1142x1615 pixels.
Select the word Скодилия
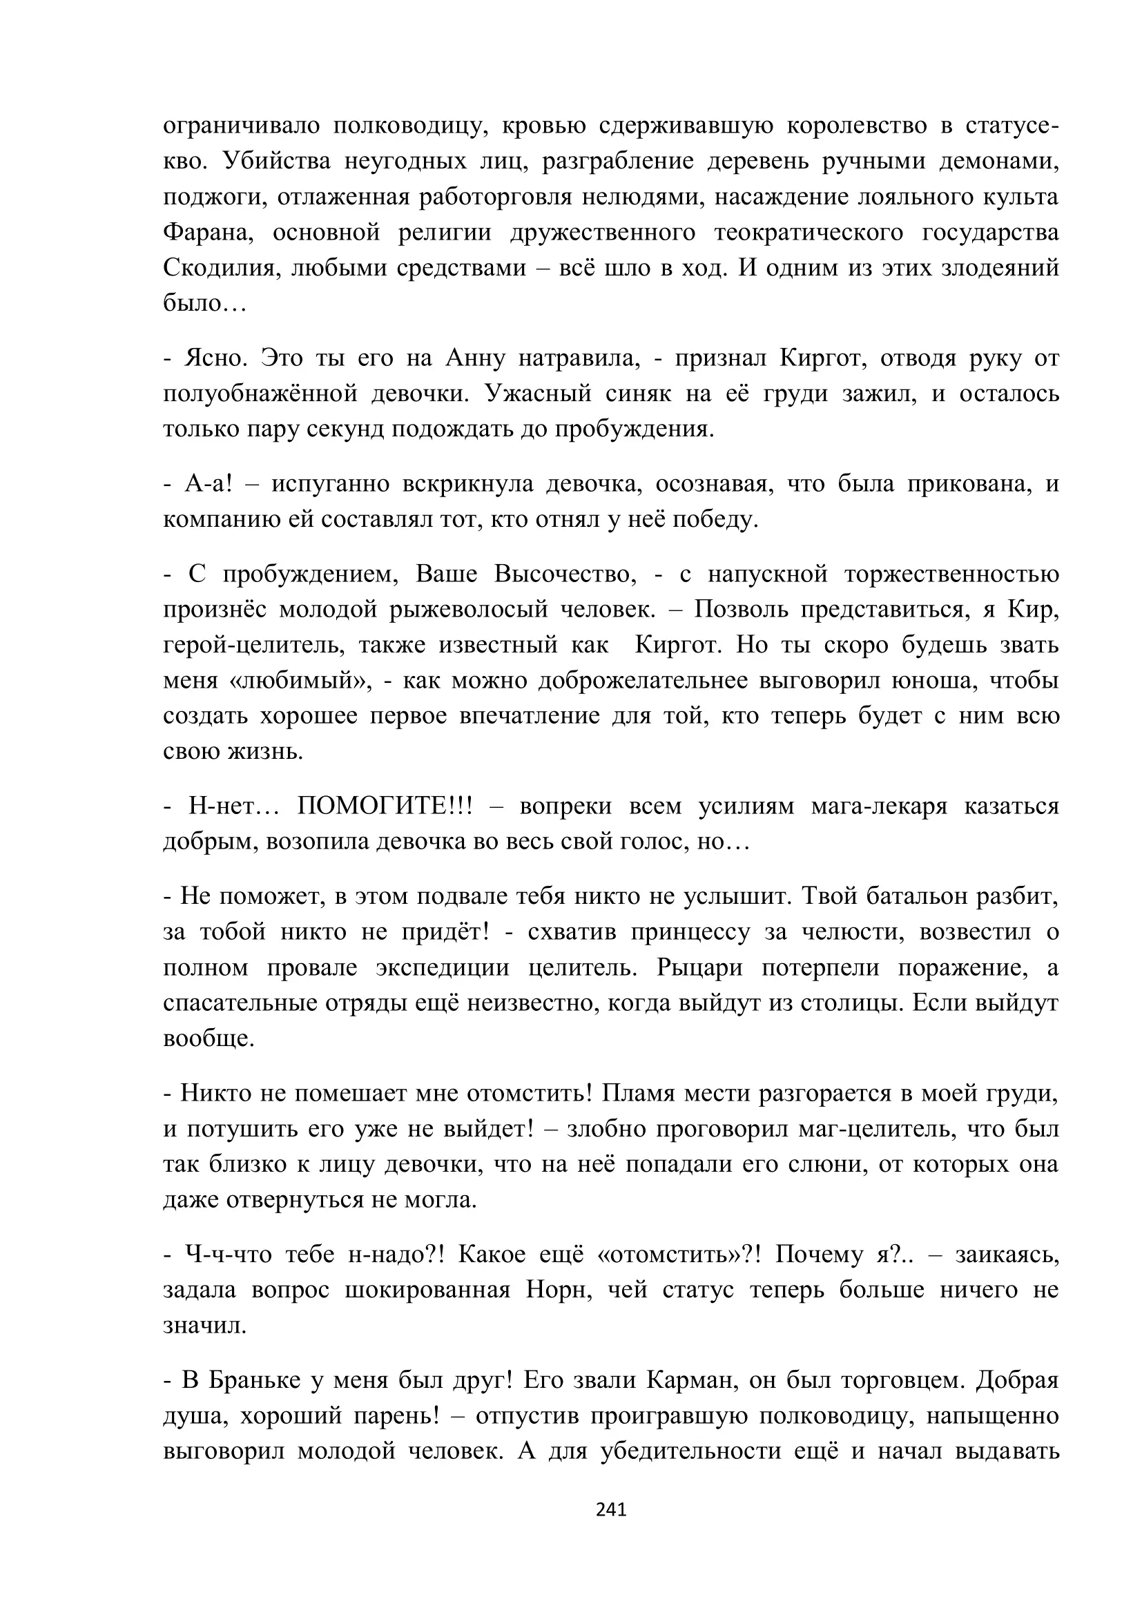coord(217,268)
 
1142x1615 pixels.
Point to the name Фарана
coord(207,232)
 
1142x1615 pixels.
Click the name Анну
coord(475,358)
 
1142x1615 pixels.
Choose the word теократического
coord(808,232)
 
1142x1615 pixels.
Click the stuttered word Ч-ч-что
coord(228,1254)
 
